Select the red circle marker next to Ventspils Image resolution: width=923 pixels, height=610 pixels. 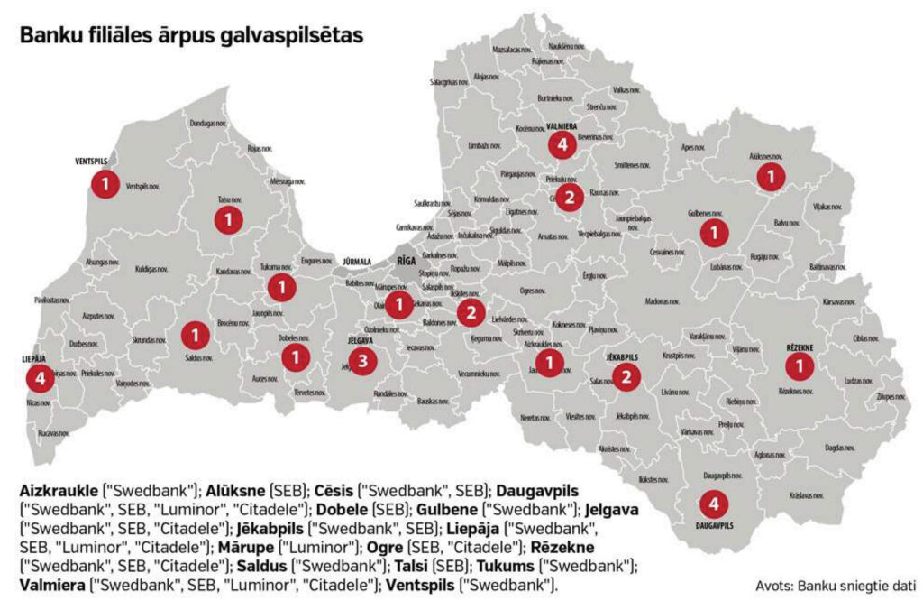(x=105, y=185)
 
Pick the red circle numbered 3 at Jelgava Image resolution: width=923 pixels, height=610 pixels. (x=362, y=362)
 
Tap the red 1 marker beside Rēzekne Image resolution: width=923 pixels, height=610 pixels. (x=799, y=365)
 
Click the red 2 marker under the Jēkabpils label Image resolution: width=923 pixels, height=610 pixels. (x=627, y=377)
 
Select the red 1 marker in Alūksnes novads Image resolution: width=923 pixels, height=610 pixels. (x=770, y=178)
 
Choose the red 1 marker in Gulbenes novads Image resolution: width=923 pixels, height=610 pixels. (x=715, y=232)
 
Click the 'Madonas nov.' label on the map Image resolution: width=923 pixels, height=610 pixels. (x=663, y=302)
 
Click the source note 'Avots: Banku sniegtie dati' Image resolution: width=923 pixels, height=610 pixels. (x=836, y=587)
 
